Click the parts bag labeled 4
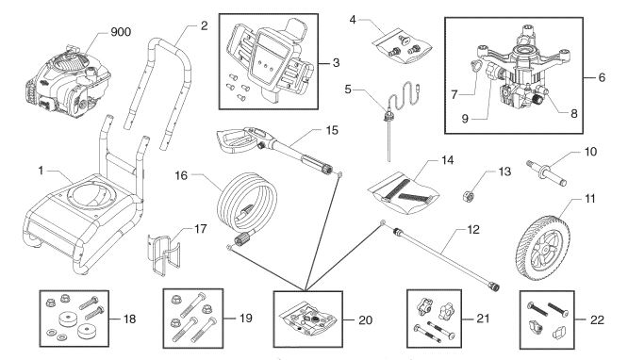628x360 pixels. (403, 43)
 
